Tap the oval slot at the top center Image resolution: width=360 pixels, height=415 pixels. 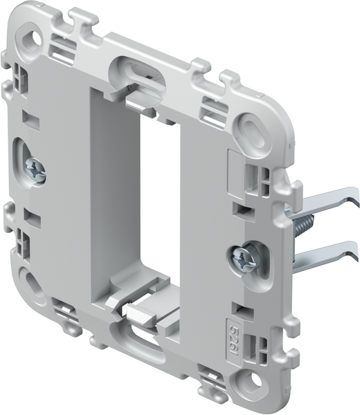tap(138, 70)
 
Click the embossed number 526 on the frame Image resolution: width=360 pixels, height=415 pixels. tap(235, 324)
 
